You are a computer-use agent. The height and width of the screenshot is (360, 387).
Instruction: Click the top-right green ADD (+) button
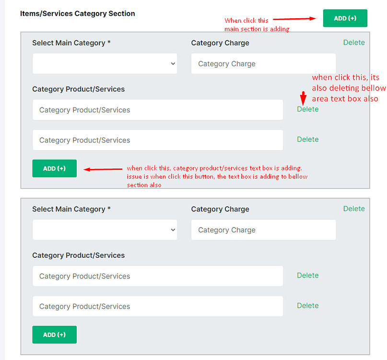[345, 18]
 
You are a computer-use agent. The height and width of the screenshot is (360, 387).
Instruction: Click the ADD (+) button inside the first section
[54, 168]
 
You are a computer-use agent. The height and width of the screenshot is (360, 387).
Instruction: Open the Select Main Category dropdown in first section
[105, 64]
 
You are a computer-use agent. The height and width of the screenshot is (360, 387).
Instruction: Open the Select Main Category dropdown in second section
[105, 230]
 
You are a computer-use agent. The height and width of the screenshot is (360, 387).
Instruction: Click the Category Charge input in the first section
[263, 64]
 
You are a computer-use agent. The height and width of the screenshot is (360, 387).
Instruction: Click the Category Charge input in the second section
[263, 230]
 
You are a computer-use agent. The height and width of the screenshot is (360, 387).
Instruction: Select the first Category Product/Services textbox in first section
[158, 110]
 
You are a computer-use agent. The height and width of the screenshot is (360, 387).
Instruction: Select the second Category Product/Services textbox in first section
[158, 140]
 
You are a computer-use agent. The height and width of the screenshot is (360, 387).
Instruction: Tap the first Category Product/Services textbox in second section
[158, 276]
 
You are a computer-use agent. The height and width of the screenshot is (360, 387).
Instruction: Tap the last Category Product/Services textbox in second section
[158, 306]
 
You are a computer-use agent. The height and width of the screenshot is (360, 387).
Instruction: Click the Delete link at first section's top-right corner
[354, 42]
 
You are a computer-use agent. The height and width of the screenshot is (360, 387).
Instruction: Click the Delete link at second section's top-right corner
[354, 208]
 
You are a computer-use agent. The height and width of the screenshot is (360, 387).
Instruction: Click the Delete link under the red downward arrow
[307, 109]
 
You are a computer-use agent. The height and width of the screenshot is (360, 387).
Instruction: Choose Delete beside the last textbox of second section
[307, 305]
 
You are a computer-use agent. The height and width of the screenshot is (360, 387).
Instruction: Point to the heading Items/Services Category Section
[78, 13]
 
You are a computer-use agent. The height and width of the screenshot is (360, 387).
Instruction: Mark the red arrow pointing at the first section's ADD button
[103, 169]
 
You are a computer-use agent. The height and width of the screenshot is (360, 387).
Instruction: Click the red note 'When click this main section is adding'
[257, 24]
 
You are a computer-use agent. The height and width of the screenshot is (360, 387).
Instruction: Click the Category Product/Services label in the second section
[78, 255]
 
